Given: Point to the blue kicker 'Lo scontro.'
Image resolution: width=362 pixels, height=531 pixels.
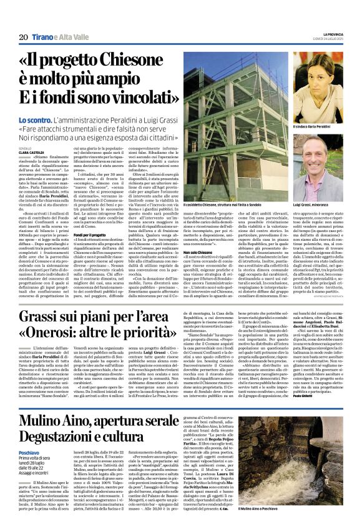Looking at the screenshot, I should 35,119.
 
